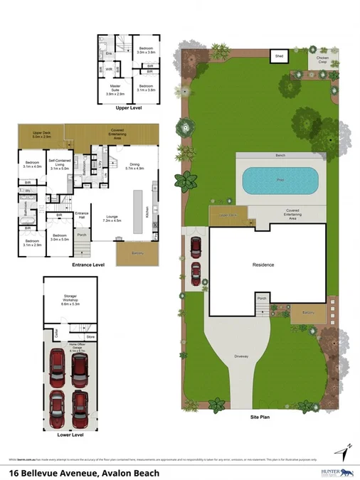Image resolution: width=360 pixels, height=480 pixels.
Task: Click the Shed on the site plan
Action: pyautogui.click(x=279, y=55)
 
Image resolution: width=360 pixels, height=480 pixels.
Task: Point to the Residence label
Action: pyautogui.click(x=263, y=265)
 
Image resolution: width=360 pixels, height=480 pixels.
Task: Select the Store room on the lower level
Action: pyautogui.click(x=90, y=336)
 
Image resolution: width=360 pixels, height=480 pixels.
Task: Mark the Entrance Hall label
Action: pyautogui.click(x=81, y=215)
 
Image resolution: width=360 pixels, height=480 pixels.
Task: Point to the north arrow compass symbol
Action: pyautogui.click(x=346, y=452)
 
